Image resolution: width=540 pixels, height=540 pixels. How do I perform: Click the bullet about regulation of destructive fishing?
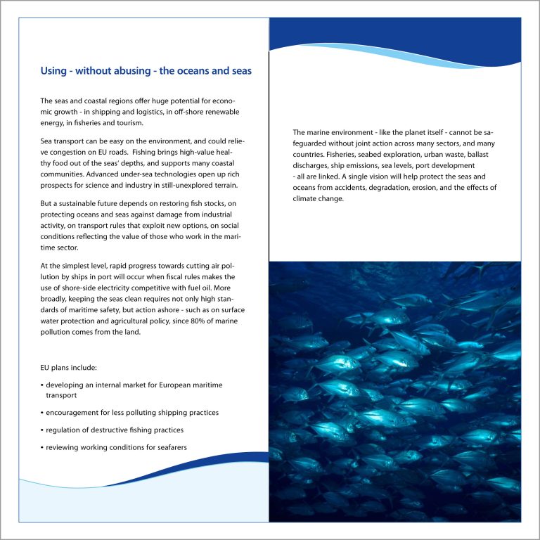click(x=115, y=430)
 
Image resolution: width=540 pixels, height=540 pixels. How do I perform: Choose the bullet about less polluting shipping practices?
click(x=132, y=412)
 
